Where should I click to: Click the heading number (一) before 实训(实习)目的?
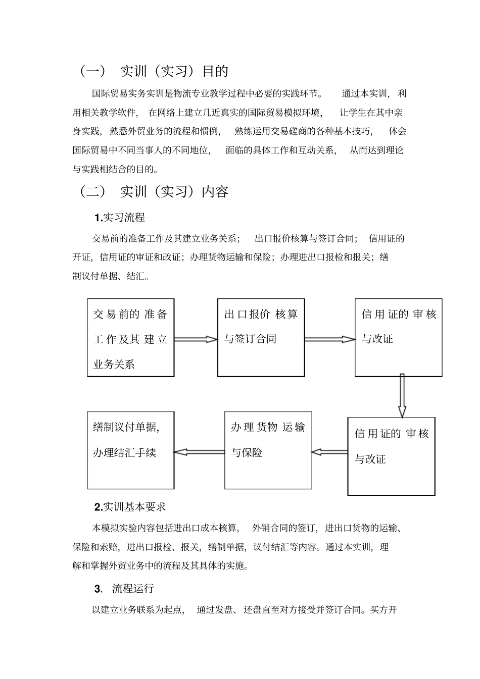(x=92, y=71)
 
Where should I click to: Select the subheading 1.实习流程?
(x=120, y=218)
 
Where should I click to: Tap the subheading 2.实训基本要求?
(x=130, y=506)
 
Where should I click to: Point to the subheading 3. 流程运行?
(x=124, y=589)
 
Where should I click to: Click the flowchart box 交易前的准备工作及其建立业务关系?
(x=131, y=338)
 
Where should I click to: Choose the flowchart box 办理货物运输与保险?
(x=268, y=450)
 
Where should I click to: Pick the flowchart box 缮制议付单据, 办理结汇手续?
(x=130, y=450)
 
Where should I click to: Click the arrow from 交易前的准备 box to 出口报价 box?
(x=196, y=339)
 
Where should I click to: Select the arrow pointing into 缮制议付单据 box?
(x=199, y=452)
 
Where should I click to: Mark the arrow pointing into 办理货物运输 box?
(x=329, y=452)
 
